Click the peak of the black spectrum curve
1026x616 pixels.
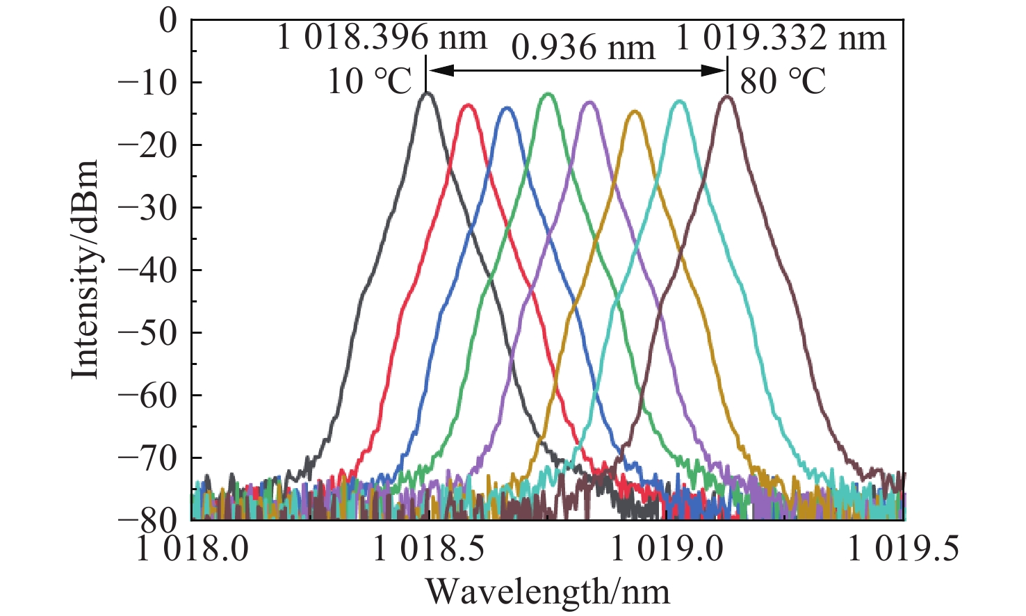pyautogui.click(x=427, y=92)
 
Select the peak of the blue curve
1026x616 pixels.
pyautogui.click(x=507, y=108)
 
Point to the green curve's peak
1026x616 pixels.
pyautogui.click(x=548, y=94)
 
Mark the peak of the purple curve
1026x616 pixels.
pyautogui.click(x=590, y=102)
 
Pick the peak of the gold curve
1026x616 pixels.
pyautogui.click(x=635, y=111)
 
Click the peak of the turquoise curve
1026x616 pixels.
pyautogui.click(x=678, y=102)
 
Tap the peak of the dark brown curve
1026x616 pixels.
pyautogui.click(x=727, y=97)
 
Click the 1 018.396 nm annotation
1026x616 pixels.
pyautogui.click(x=382, y=36)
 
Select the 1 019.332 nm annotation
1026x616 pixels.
pyautogui.click(x=781, y=36)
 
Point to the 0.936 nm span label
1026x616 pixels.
pyautogui.click(x=583, y=48)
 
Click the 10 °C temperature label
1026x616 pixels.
pyautogui.click(x=370, y=81)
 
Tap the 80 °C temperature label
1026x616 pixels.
pyautogui.click(x=783, y=81)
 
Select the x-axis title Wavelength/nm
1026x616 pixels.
pyautogui.click(x=548, y=592)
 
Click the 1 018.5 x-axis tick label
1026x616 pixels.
pyautogui.click(x=429, y=550)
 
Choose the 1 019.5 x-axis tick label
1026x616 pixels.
pyautogui.click(x=903, y=550)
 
